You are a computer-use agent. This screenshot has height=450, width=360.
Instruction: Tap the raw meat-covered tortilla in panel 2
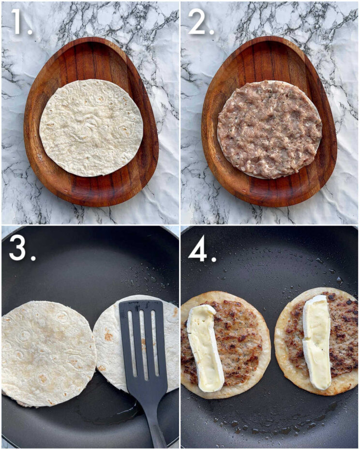tap(270, 129)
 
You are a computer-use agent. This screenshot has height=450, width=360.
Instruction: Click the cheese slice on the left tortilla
tap(205, 347)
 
